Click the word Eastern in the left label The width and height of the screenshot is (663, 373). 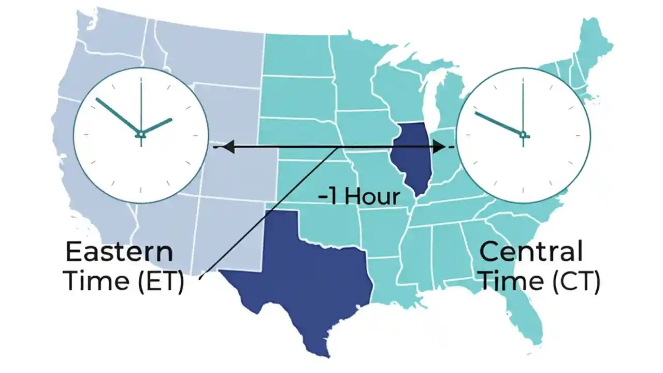click(x=119, y=252)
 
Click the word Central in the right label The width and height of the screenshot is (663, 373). click(x=531, y=252)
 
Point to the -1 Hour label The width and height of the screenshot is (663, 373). click(x=359, y=197)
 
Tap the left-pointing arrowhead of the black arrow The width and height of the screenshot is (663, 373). click(x=228, y=148)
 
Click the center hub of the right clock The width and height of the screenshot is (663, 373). click(x=523, y=135)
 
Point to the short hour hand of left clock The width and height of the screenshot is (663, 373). click(x=156, y=126)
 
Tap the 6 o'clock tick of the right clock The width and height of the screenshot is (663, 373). click(x=523, y=193)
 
